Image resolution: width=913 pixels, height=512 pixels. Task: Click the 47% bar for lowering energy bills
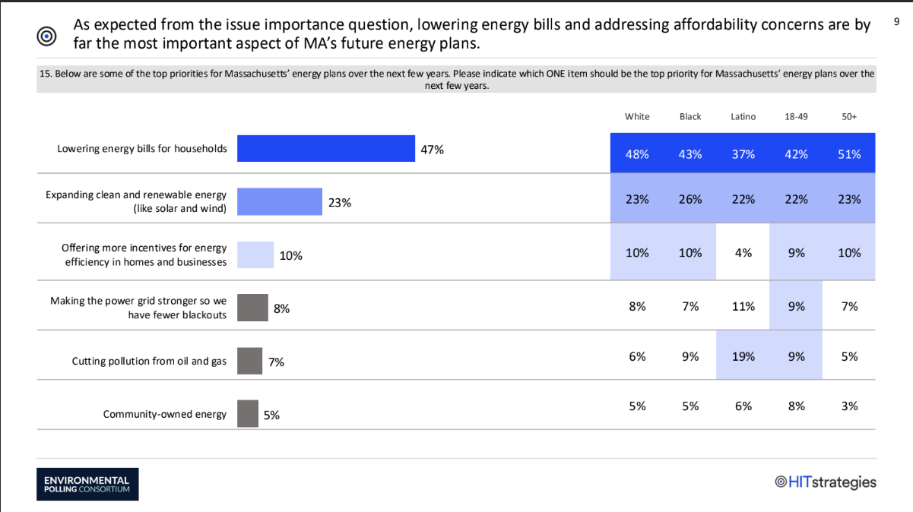(325, 148)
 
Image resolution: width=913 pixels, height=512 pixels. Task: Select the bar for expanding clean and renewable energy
(280, 202)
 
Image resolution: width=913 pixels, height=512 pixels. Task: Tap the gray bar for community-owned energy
(248, 414)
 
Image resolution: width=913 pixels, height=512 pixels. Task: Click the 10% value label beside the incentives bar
(291, 256)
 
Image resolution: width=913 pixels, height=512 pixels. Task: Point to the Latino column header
(743, 116)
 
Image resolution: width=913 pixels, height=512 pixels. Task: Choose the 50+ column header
(849, 116)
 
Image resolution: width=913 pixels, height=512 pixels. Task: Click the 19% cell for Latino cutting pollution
(743, 356)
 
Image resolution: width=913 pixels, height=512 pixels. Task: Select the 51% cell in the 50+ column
(849, 153)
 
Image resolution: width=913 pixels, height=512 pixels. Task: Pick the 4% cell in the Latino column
(743, 253)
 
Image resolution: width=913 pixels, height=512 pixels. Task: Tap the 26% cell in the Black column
(690, 199)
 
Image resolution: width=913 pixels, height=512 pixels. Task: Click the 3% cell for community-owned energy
(849, 406)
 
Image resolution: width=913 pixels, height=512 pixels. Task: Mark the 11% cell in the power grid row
(743, 306)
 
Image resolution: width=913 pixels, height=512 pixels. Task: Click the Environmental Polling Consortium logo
(87, 484)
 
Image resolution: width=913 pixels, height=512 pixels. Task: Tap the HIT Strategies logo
(825, 482)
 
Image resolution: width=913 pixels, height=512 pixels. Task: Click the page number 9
(897, 24)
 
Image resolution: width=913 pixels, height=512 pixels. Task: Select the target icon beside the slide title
(46, 35)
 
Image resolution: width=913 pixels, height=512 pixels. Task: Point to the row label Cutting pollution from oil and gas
(149, 361)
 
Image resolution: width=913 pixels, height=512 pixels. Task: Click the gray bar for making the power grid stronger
(252, 308)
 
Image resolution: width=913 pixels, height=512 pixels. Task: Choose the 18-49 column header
(796, 116)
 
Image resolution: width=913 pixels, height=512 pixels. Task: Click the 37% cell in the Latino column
(743, 153)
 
